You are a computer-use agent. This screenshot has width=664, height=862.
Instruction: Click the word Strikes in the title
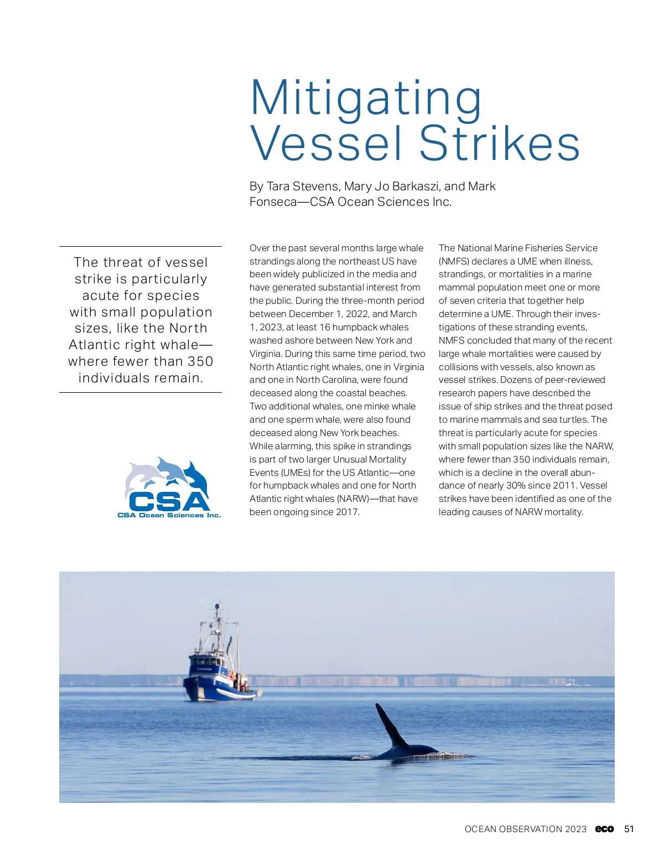[x=499, y=144]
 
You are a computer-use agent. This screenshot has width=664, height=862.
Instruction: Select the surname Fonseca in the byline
[x=273, y=202]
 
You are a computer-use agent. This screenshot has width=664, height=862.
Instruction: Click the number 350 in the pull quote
[x=200, y=361]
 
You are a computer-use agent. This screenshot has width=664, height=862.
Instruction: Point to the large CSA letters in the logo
[x=169, y=501]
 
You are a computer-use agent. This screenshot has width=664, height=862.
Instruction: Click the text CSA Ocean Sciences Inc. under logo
[x=169, y=515]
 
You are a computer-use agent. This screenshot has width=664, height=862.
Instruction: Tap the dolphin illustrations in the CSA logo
[x=166, y=474]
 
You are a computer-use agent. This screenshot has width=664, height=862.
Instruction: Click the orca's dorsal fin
[x=391, y=726]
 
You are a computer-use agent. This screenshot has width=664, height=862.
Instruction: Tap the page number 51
[x=629, y=829]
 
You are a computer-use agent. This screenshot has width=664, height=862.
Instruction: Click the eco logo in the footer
[x=604, y=829]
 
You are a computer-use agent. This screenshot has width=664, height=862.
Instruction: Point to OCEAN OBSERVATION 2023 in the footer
[x=525, y=829]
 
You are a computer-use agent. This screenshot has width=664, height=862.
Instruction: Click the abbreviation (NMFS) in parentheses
[x=454, y=261]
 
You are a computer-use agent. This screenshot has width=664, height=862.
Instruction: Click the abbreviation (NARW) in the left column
[x=353, y=499]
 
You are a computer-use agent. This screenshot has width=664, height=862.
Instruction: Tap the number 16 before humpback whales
[x=325, y=328]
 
